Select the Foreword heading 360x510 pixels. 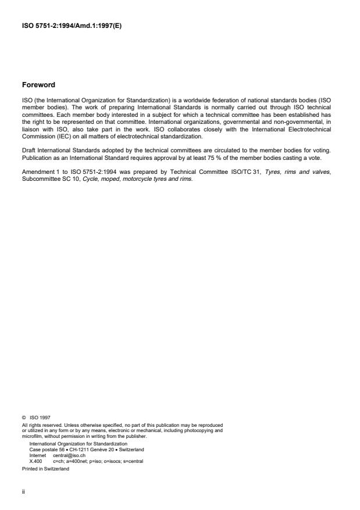pos(38,85)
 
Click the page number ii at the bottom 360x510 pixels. pos(23,491)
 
